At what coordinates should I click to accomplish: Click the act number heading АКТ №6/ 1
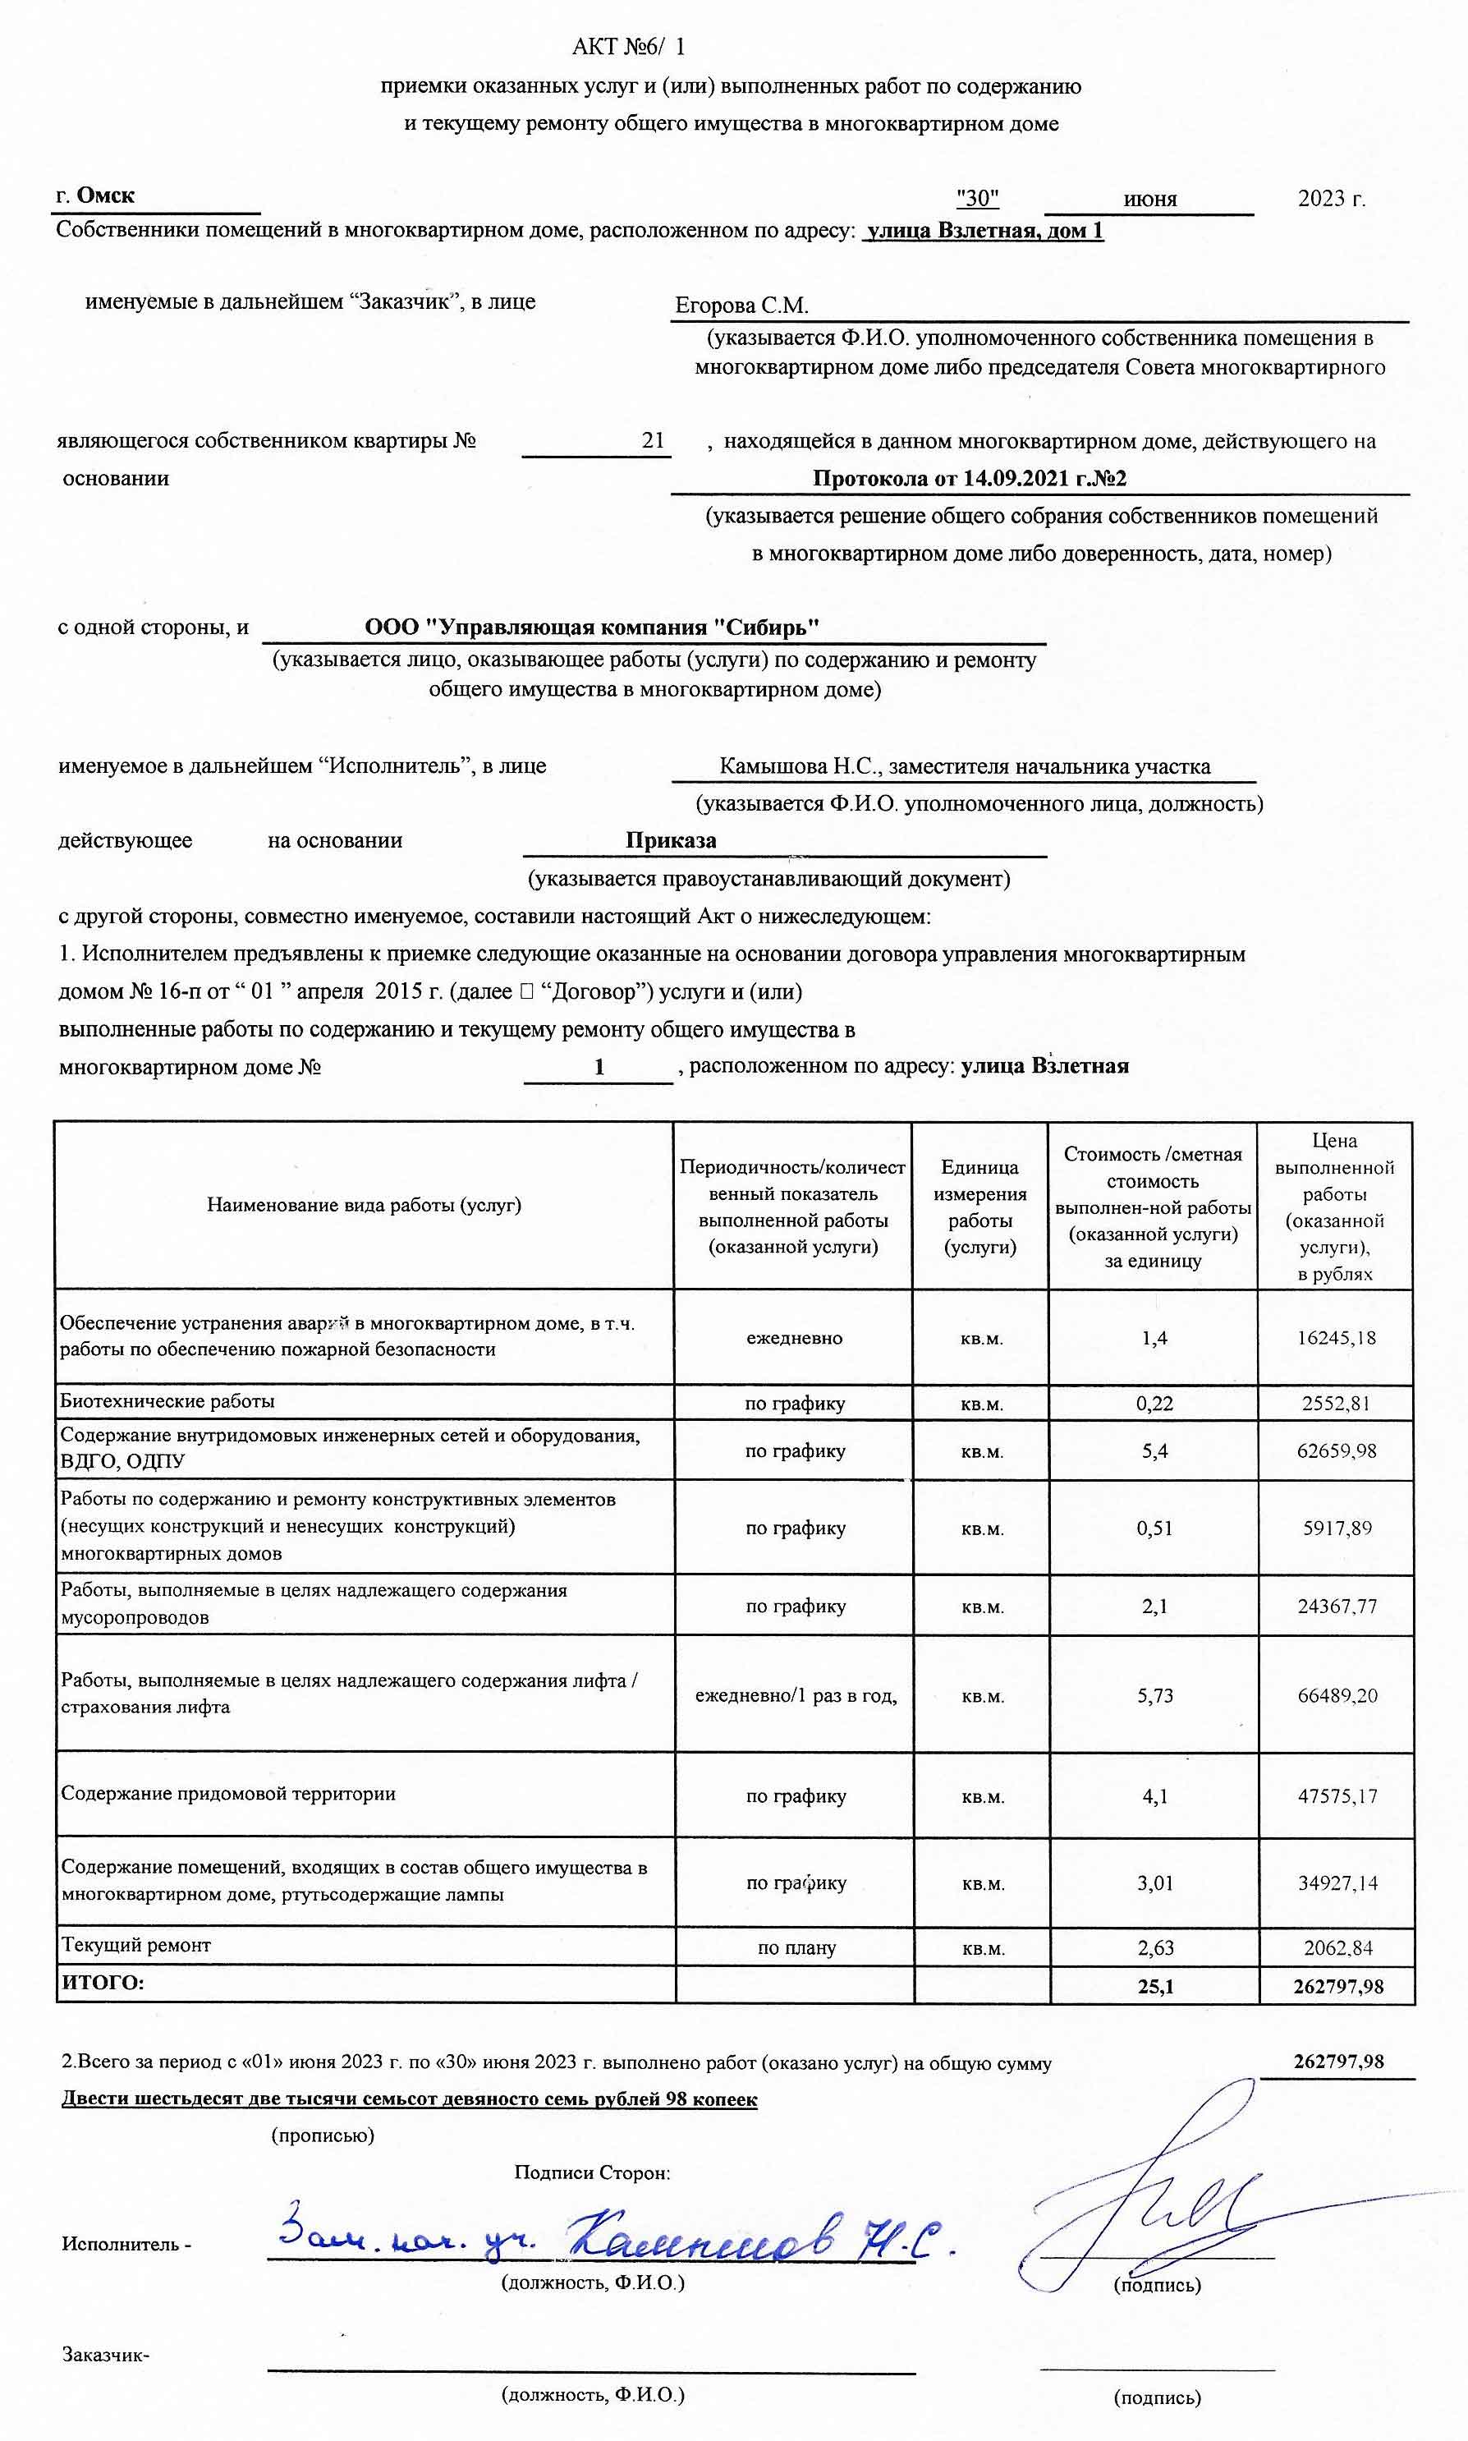coord(628,47)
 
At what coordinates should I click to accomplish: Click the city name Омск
coord(105,195)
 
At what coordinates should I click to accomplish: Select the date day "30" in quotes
coord(977,198)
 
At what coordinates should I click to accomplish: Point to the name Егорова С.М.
coord(741,305)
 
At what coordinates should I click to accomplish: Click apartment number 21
coord(653,440)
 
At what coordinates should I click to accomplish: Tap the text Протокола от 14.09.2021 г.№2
coord(970,478)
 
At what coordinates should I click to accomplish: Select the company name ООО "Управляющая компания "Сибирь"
coord(592,627)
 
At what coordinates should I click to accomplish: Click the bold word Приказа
coord(671,840)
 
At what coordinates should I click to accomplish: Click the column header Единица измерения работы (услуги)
coord(979,1207)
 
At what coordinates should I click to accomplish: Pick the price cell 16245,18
coord(1336,1337)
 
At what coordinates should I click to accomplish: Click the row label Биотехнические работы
coord(167,1401)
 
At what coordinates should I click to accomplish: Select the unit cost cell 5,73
coord(1154,1695)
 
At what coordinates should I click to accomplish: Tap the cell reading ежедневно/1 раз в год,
coord(796,1695)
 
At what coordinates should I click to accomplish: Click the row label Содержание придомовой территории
coord(228,1793)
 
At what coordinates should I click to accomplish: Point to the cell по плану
coord(796,1947)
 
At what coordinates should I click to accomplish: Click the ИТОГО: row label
coord(103,1982)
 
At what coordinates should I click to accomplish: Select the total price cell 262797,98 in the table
coord(1337,1986)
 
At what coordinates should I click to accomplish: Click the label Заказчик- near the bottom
coord(105,2354)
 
